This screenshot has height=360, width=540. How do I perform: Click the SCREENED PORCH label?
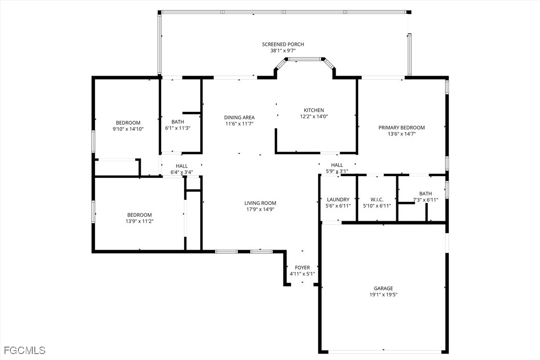pos(283,44)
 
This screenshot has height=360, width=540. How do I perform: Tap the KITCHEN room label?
pos(314,110)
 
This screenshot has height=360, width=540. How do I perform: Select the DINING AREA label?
pos(239,117)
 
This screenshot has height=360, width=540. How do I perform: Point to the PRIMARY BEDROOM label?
pos(402,127)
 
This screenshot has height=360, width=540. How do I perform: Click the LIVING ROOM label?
pos(261,203)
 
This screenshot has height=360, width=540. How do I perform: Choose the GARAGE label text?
pos(383,288)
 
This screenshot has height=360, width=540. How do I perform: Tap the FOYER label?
pos(302,268)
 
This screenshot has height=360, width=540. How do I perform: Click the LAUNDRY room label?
pos(338,199)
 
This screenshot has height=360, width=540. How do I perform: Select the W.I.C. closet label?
pos(377,199)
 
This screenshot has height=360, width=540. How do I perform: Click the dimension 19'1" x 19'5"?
pos(383,294)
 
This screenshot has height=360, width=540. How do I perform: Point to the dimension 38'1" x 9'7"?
pos(283,50)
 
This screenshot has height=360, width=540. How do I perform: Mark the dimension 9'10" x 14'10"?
pos(128,129)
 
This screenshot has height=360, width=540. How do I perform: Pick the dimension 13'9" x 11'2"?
pos(139,221)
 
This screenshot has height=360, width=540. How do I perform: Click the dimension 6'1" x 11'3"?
pos(178,128)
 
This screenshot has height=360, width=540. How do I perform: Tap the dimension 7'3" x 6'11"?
pos(426,199)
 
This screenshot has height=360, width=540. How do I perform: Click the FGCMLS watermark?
pos(23,351)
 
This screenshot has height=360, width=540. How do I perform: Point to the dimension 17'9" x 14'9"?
pos(261,209)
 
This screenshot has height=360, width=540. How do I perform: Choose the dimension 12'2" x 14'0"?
pos(314,116)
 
